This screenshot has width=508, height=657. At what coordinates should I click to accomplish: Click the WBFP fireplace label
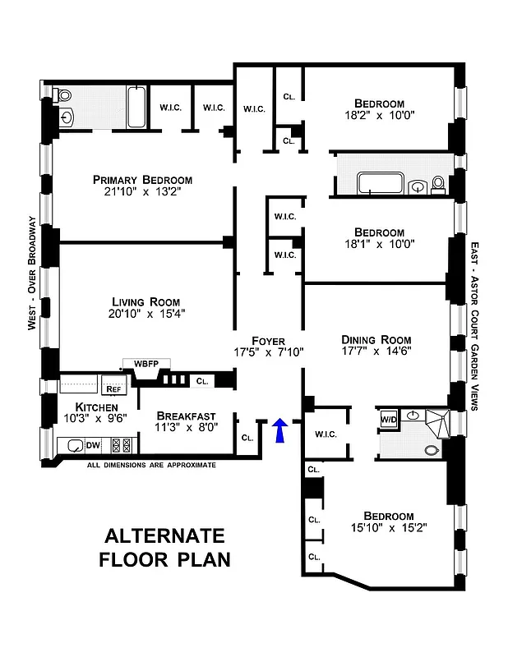tap(145, 363)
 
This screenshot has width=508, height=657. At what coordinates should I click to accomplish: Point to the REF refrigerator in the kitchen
tap(109, 389)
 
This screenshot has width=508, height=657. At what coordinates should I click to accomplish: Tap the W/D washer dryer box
tap(387, 419)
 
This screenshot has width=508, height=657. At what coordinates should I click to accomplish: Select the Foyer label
tap(269, 340)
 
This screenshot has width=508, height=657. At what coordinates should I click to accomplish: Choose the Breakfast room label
tap(186, 415)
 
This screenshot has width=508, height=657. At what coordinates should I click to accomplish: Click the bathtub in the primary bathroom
tap(137, 108)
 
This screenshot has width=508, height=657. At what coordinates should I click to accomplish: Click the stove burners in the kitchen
tap(122, 446)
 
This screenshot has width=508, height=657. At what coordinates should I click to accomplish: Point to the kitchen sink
tap(75, 447)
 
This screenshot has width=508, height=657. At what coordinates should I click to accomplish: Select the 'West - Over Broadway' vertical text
tap(31, 273)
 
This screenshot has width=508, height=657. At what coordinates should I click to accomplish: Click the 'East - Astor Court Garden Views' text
tap(475, 325)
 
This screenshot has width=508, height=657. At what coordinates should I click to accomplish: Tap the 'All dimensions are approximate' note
tap(152, 465)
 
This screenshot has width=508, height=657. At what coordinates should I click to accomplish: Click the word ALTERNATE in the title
tap(164, 536)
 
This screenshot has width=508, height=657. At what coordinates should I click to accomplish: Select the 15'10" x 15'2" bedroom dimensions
tap(376, 530)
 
